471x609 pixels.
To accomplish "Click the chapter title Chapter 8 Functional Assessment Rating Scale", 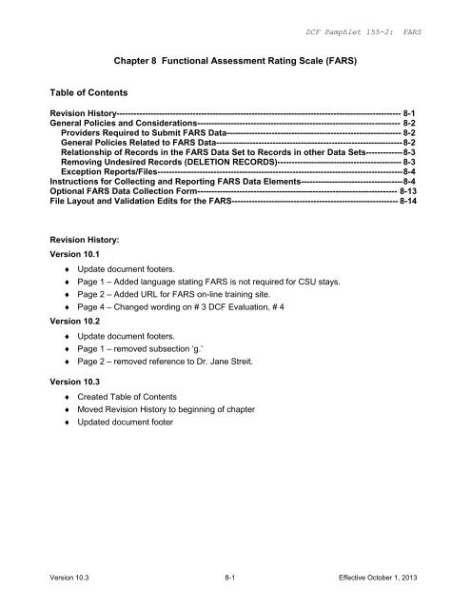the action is pos(235,57).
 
